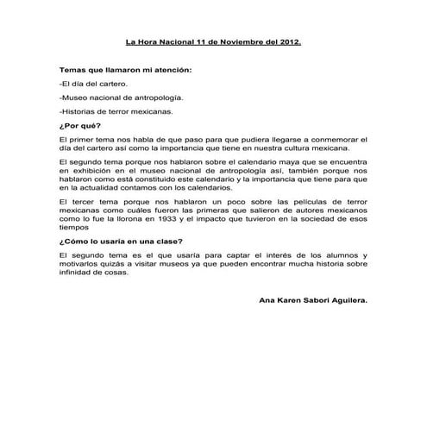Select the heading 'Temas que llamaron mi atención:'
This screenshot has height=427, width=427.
click(x=125, y=69)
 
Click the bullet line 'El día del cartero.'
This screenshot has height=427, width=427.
click(x=93, y=84)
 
